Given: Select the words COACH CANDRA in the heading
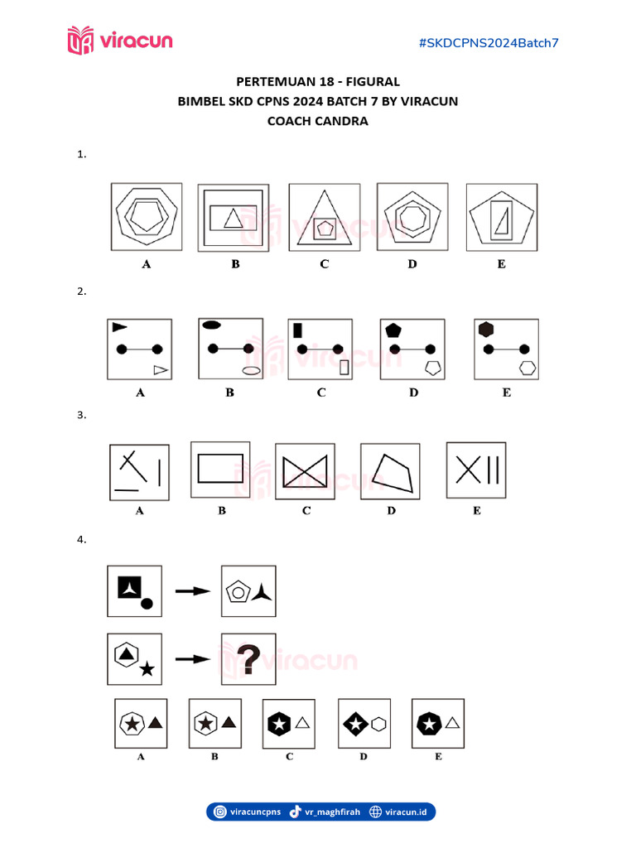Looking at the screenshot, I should [x=318, y=121].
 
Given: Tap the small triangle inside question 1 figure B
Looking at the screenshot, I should [x=234, y=218].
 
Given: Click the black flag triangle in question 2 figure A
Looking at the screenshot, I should [x=119, y=327].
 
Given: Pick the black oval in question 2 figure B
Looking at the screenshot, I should [x=210, y=325].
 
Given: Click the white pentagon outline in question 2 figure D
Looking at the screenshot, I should [x=432, y=368].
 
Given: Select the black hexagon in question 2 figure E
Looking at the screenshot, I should [x=486, y=329].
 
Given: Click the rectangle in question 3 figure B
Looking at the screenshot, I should [x=220, y=469].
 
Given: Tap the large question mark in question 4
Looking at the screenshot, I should [x=248, y=660].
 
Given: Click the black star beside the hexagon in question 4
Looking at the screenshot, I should [x=147, y=668].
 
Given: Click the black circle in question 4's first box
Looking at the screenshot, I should [x=147, y=603].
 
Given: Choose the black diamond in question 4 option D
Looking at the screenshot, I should [x=355, y=725].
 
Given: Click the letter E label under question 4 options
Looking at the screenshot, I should [x=438, y=756].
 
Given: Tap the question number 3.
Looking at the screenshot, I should [x=81, y=416].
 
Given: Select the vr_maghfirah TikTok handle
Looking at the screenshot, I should [x=332, y=812].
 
